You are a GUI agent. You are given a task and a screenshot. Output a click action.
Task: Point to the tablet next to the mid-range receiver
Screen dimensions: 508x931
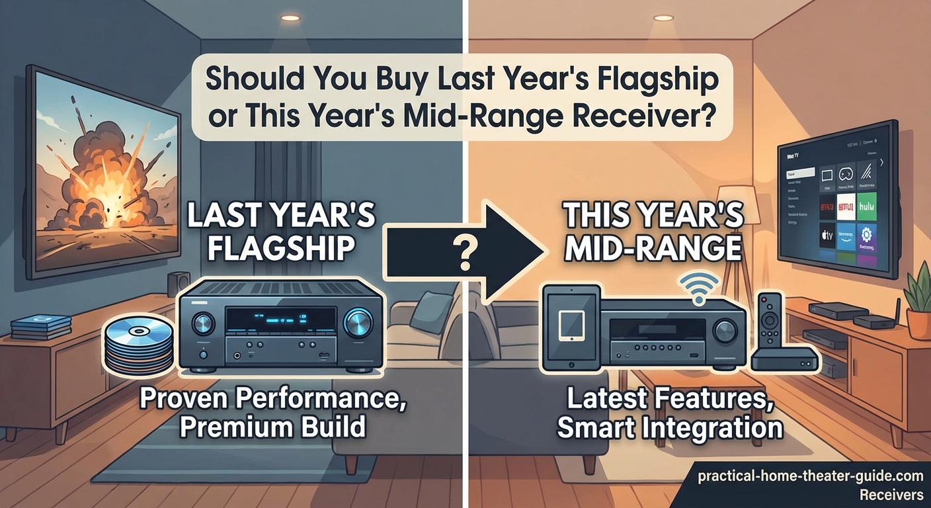point(569,327)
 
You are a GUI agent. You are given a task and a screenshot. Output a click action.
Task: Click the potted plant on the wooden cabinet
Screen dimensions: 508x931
point(918,301)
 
